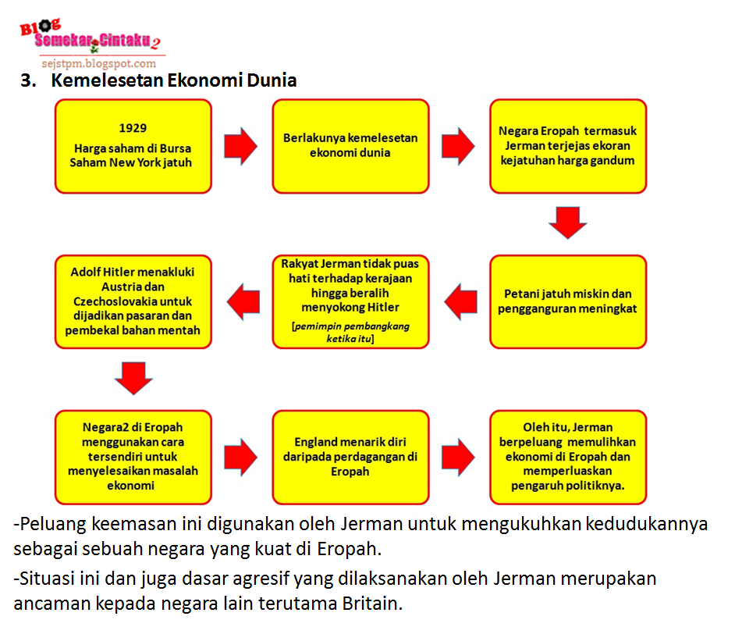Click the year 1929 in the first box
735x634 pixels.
coord(133,128)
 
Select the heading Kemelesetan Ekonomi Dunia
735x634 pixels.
coord(174,80)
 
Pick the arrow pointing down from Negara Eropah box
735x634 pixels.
coord(567,222)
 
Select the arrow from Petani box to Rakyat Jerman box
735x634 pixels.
coord(460,301)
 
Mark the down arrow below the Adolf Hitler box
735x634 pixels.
coord(133,377)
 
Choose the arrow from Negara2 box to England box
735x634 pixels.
coord(240,457)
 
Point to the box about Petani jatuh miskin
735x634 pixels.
coord(567,301)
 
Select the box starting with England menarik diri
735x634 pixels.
coord(350,457)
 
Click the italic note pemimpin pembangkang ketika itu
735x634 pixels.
coord(350,332)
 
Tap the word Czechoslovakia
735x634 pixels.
coord(133,301)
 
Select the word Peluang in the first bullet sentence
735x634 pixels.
coord(50,523)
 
